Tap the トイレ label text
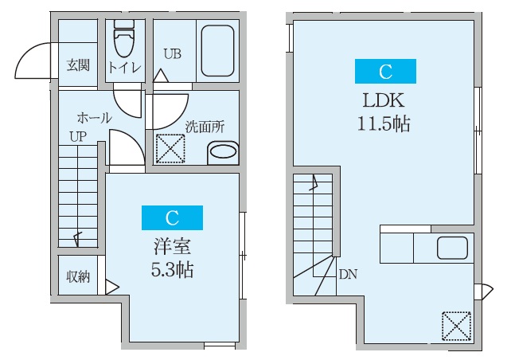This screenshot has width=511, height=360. (125, 68)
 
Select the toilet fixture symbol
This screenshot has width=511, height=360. (125, 37)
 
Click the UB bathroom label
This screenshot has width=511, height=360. (172, 54)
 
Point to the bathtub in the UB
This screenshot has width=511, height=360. (215, 51)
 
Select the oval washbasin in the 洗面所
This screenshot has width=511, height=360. (222, 152)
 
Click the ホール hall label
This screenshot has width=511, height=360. (94, 117)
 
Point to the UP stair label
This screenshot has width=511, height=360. (76, 136)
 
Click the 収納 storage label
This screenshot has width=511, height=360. (78, 276)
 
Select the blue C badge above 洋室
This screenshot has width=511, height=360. (172, 217)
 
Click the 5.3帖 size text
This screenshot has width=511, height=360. (172, 269)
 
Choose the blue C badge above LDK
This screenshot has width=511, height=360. (385, 72)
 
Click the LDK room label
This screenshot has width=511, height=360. (385, 100)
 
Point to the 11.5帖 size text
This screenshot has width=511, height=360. (385, 124)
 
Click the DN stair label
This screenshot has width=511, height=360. (348, 275)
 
